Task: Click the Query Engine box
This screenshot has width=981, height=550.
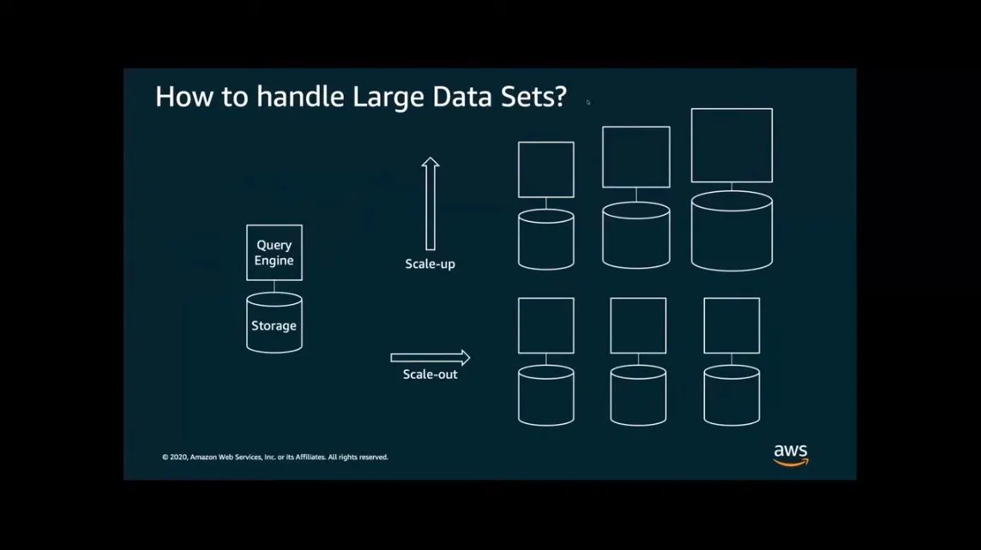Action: tap(274, 253)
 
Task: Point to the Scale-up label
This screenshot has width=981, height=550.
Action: tap(430, 264)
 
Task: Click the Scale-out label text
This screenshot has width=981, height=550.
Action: tap(430, 374)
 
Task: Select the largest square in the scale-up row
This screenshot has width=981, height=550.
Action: tap(731, 146)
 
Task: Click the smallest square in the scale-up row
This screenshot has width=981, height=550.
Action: tap(546, 170)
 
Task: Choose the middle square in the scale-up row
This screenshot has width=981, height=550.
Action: tap(636, 157)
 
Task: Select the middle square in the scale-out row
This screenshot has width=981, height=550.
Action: tap(638, 326)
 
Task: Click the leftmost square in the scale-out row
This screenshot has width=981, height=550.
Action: tap(546, 326)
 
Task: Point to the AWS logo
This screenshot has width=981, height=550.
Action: tap(790, 455)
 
